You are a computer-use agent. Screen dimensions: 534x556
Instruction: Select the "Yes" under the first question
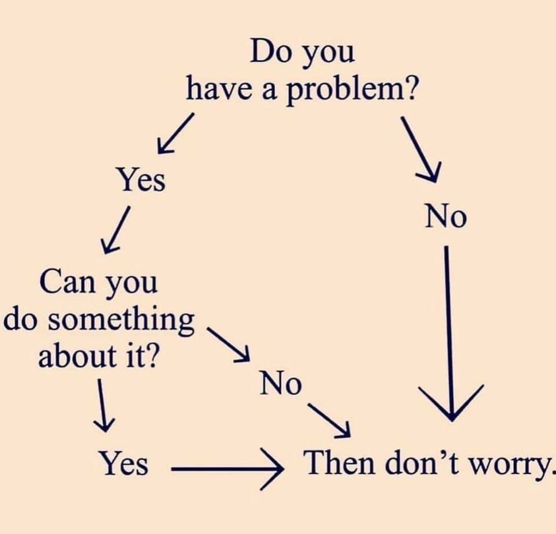pos(140,179)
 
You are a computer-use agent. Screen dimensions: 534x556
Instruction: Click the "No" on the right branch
pos(445,216)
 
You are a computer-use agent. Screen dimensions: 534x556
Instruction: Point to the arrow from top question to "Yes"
pos(175,133)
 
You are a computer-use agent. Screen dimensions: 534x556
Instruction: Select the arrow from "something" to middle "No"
pos(228,343)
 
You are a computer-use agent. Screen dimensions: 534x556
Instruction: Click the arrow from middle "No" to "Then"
pos(328,419)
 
